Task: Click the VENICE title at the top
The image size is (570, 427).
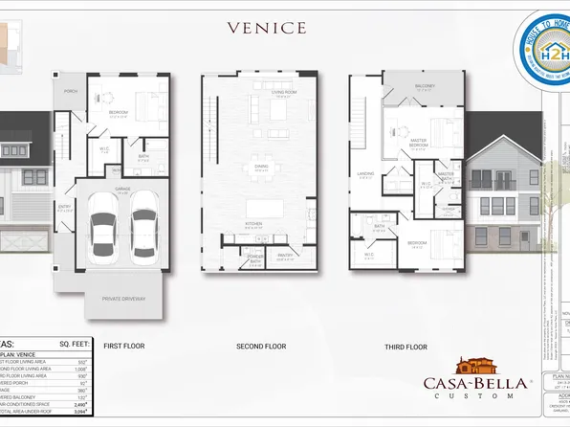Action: pyautogui.click(x=267, y=28)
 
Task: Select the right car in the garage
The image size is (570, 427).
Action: pyautogui.click(x=143, y=226)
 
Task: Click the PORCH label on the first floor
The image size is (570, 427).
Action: pyautogui.click(x=70, y=92)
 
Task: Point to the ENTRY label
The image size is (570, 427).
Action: pyautogui.click(x=63, y=205)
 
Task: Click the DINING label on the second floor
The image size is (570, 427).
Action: pyautogui.click(x=260, y=167)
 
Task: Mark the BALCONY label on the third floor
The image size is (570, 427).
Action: pyautogui.click(x=426, y=86)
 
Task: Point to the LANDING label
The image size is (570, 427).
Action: pyautogui.click(x=366, y=173)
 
